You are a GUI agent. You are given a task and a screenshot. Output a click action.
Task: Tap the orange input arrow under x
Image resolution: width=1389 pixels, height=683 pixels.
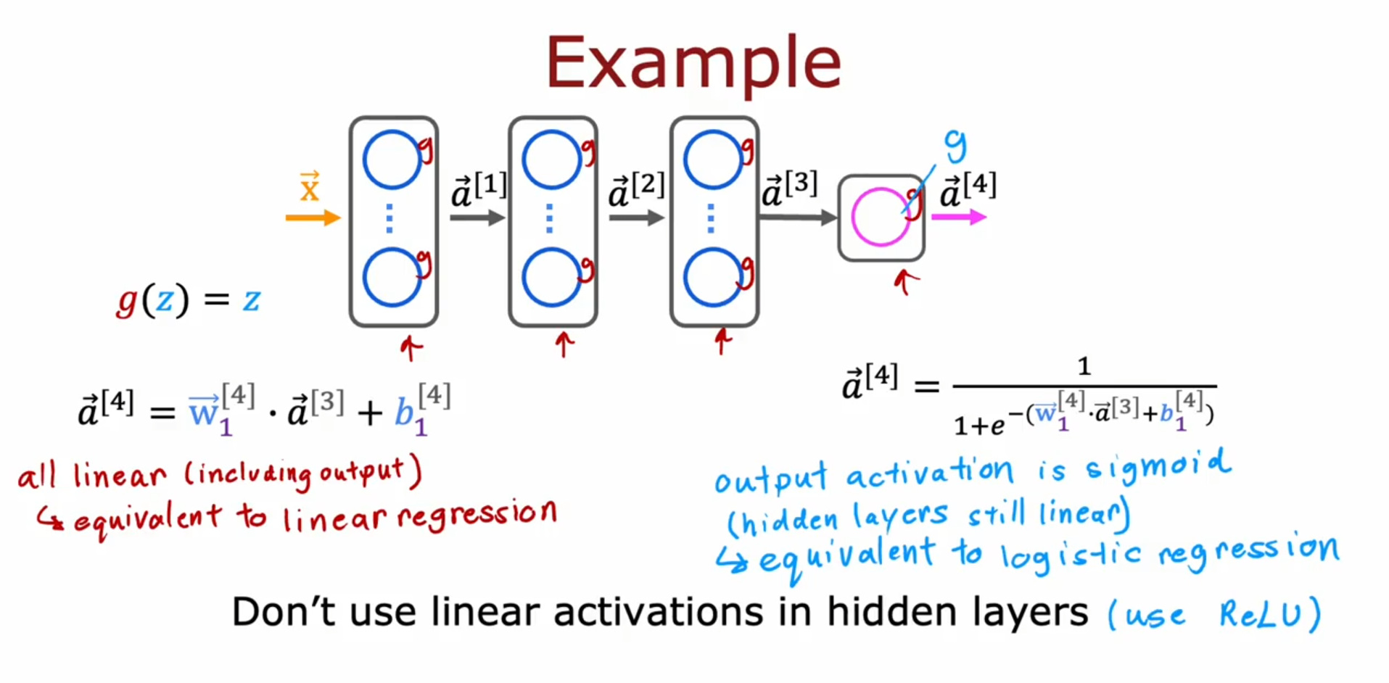click(x=313, y=217)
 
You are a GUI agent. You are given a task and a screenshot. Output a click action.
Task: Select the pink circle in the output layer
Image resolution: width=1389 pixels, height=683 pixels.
click(x=880, y=217)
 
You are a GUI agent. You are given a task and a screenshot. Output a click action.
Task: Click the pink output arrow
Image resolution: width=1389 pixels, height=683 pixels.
click(x=958, y=217)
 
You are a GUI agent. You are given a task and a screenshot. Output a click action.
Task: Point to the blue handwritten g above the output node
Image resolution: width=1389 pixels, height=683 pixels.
click(x=956, y=145)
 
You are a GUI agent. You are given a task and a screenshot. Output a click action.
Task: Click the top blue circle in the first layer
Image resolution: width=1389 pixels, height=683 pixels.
click(x=392, y=160)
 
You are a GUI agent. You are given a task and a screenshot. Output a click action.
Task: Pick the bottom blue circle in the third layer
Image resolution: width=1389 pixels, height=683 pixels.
click(x=713, y=277)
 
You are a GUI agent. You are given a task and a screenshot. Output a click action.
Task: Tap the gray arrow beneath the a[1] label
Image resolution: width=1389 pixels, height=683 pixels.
click(x=477, y=217)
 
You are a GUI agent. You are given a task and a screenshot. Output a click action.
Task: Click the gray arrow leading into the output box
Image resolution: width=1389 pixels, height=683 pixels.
click(x=798, y=217)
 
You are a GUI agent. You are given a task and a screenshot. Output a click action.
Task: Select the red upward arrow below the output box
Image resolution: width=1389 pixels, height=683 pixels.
click(x=904, y=281)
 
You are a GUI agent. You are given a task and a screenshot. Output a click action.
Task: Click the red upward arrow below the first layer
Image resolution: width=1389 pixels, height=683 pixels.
click(x=411, y=347)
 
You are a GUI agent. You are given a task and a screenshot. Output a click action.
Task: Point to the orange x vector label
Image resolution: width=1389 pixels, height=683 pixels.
click(x=310, y=187)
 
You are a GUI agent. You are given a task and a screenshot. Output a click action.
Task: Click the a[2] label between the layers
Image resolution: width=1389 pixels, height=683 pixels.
click(x=636, y=189)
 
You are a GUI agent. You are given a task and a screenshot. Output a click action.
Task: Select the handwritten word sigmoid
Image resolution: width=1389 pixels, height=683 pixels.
click(x=1158, y=466)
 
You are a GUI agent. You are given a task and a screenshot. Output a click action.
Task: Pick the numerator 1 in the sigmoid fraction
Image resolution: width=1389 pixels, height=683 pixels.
click(x=1084, y=366)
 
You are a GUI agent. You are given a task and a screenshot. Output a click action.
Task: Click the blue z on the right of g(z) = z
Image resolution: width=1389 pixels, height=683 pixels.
click(x=251, y=299)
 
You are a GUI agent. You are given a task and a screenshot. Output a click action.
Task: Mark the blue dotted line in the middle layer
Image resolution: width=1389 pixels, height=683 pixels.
click(x=549, y=218)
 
